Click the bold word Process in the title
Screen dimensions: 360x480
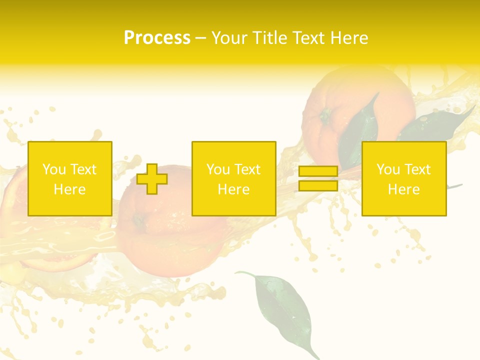157,38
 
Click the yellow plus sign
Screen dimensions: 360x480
152,179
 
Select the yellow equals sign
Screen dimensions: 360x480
318,178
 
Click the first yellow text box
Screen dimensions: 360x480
70,178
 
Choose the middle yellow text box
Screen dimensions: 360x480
233,178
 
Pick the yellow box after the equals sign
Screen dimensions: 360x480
404,178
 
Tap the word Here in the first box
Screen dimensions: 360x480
70,189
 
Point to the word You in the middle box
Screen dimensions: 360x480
218,169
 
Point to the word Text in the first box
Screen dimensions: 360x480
83,169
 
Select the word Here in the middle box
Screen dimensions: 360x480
233,189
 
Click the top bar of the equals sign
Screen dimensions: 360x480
318,171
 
